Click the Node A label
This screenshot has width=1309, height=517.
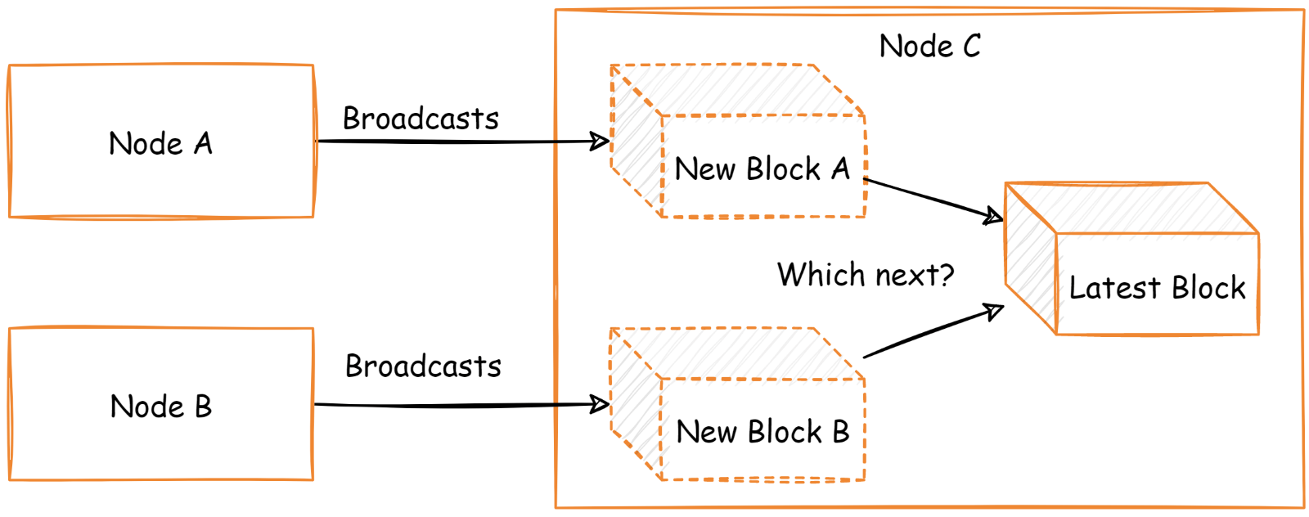pos(160,144)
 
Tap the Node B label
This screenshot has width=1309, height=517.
pos(160,407)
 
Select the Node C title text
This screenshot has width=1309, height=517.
pos(929,47)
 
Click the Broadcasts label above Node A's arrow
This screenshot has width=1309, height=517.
pos(421,119)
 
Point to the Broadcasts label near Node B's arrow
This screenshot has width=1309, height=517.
pos(423,366)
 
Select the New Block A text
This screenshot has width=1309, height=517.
pos(762,169)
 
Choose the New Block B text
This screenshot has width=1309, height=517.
pos(762,432)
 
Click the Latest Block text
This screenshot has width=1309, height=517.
pos(1156,288)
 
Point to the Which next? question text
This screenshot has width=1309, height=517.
pos(865,275)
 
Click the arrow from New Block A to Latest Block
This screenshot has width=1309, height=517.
pos(933,199)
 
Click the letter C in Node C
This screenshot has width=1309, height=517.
pos(971,47)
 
